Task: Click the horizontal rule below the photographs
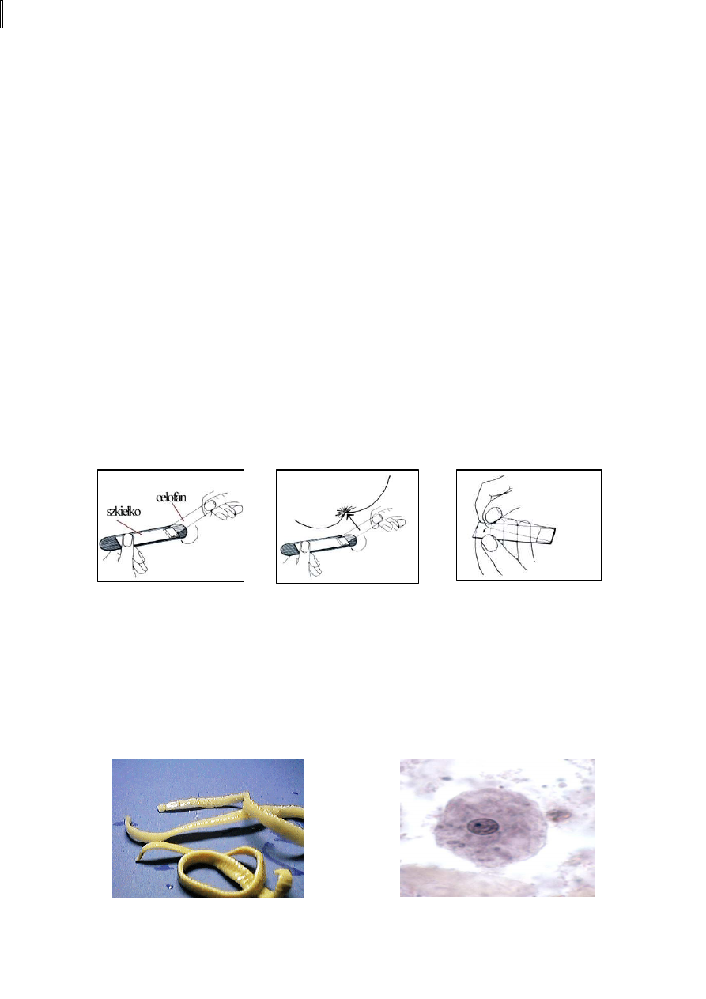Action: (342, 925)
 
